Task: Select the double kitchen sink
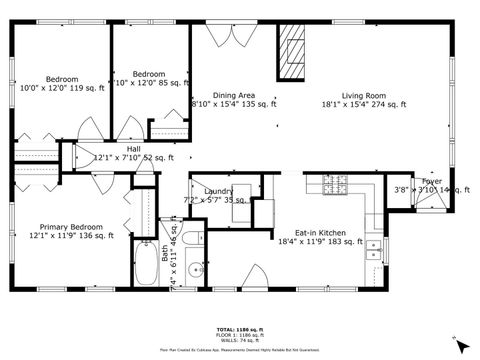[x=374, y=250]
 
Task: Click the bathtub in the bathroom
[x=144, y=264]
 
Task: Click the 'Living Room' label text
[x=363, y=96]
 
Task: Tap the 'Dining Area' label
[x=232, y=95]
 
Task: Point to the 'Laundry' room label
[x=218, y=191]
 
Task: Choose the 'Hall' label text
[x=133, y=149]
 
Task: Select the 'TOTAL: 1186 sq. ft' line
[x=239, y=328]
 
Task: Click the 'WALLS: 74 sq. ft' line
[x=239, y=340]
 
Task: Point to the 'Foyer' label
[x=432, y=181]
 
